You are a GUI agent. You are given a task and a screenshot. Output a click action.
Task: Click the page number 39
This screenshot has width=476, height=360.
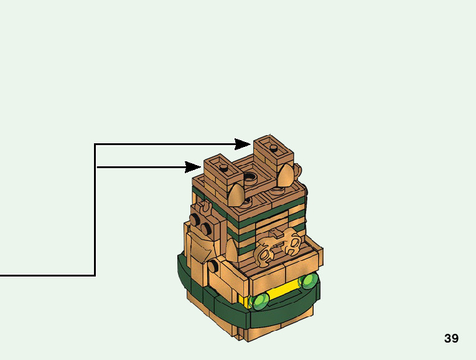coord(451,339)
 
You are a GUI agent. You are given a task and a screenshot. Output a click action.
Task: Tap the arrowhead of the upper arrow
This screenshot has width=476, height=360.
coord(244,144)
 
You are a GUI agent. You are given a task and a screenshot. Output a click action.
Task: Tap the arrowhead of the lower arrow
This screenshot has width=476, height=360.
coord(194,166)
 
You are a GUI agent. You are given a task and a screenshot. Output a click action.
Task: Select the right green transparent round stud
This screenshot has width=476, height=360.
coord(307,282)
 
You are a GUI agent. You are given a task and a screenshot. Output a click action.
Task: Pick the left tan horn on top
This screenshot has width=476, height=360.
coord(236,195)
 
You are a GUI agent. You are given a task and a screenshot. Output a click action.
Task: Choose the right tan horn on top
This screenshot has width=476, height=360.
coord(286,176)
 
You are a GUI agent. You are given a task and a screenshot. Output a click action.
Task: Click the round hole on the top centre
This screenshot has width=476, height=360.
coord(250,177)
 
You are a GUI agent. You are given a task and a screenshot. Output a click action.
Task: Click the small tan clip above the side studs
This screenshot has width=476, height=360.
coord(202,206)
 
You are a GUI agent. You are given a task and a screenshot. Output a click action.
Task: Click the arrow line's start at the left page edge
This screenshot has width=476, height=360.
coord(2,275)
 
